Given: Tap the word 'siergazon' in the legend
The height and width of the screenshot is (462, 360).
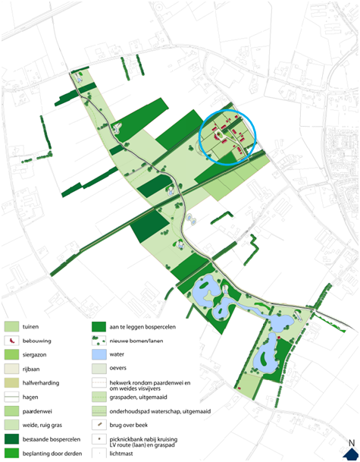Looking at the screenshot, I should coord(36,355).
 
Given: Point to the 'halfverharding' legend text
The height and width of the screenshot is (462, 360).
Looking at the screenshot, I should coord(42,383).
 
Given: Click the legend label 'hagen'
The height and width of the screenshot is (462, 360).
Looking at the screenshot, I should coord(32,397).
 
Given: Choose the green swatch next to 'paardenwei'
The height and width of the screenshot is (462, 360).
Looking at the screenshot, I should coord(11,411).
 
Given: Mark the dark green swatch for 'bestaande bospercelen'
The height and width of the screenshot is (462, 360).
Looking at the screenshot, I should coord(11,439).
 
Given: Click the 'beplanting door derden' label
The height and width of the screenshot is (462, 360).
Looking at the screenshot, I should coord(52,454).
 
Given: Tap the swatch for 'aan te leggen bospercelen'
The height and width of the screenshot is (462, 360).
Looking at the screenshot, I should coord(98,327).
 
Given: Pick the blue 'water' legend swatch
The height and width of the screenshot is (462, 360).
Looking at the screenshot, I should coord(98,355).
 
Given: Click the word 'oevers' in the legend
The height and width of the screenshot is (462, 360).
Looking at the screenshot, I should coord(119,369).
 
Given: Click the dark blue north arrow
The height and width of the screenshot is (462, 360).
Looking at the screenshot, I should coord(350,454).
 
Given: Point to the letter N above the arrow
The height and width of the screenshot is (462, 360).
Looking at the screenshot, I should coord(350,443).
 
